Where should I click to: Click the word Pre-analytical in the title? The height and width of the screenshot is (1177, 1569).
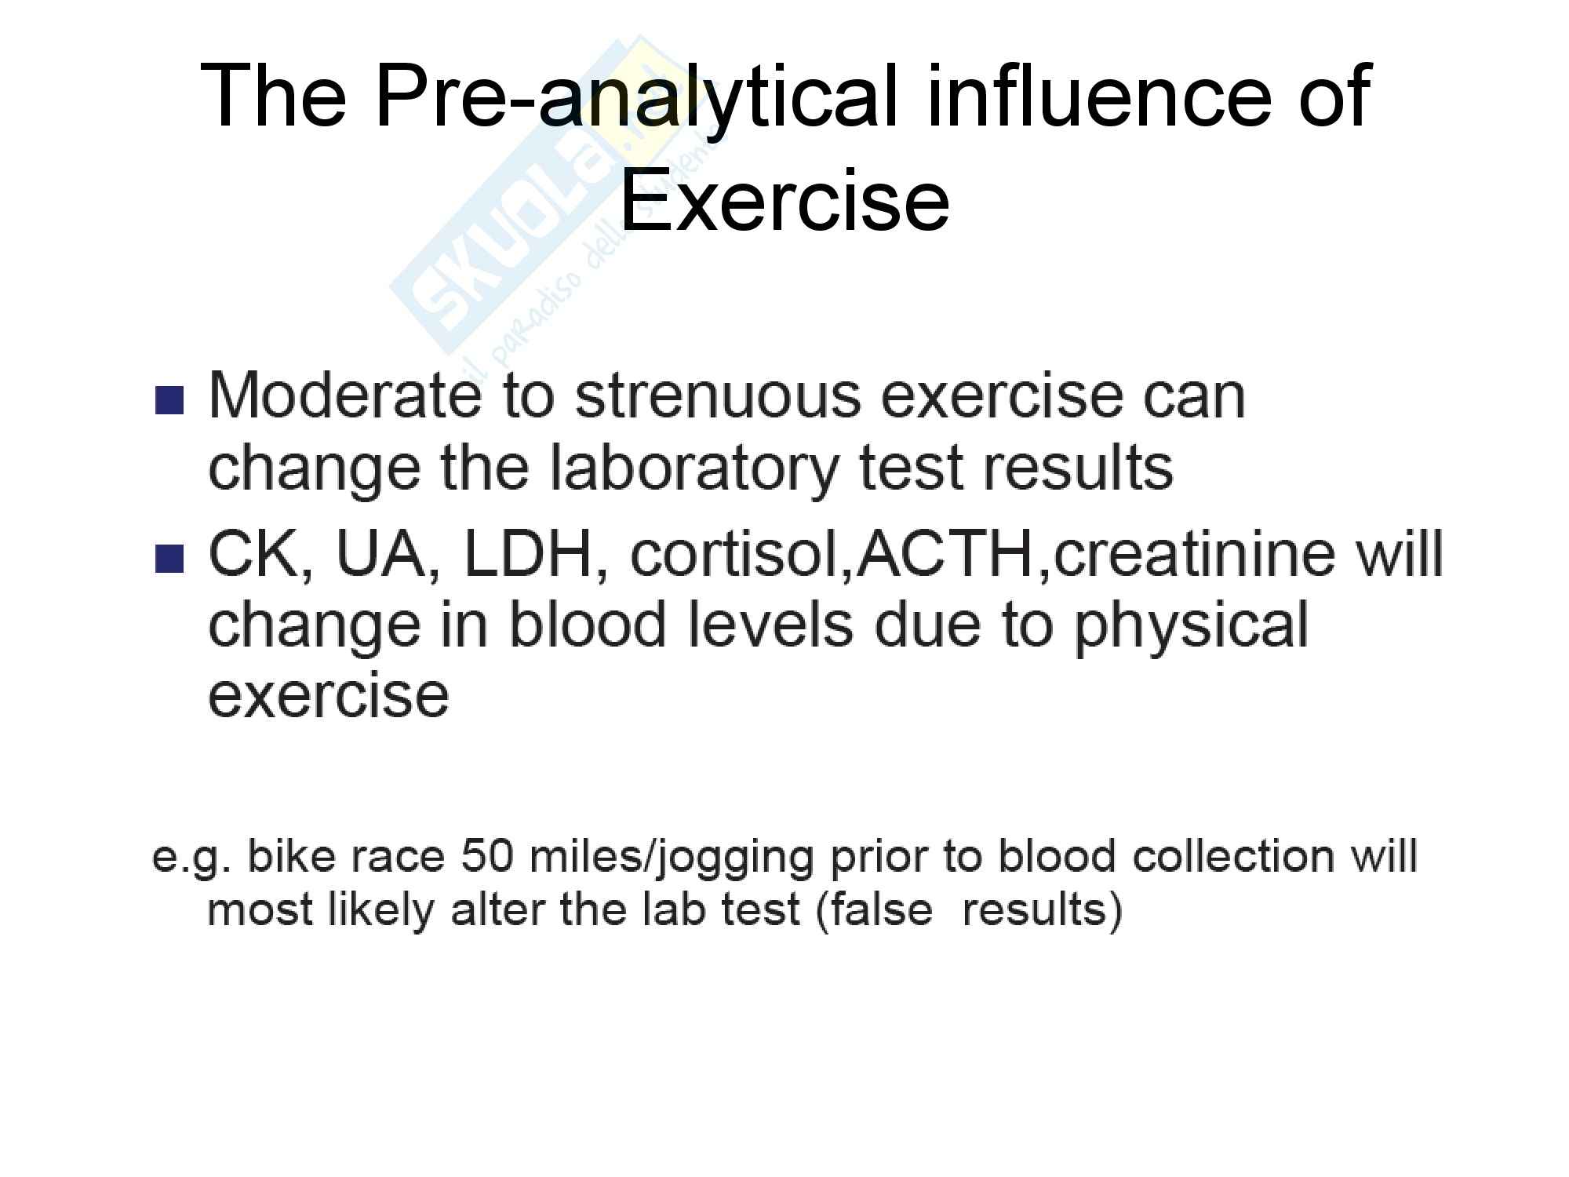(636, 97)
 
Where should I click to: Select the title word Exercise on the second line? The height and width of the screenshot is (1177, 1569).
(784, 199)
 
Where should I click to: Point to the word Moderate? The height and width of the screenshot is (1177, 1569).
(344, 395)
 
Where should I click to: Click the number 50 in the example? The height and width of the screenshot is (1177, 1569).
(486, 856)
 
